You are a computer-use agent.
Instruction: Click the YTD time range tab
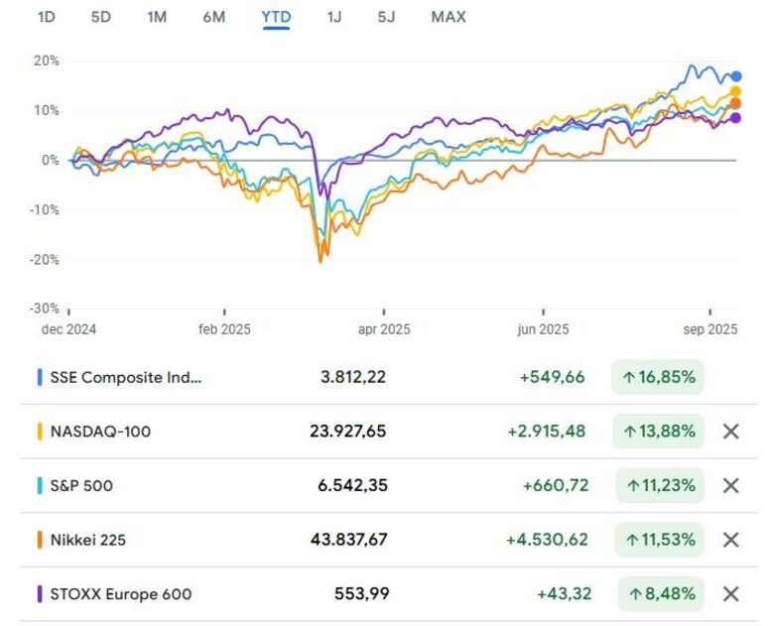tap(276, 17)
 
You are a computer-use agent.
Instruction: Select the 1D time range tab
tap(46, 17)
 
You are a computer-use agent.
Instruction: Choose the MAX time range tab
tap(449, 17)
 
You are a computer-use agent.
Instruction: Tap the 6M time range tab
tap(213, 17)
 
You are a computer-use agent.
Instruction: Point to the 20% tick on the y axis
tap(48, 61)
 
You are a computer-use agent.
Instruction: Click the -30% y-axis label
tap(46, 310)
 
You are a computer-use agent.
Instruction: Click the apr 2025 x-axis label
tap(383, 329)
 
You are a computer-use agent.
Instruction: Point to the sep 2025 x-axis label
tap(709, 329)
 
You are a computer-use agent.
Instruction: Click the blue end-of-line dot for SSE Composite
tap(736, 76)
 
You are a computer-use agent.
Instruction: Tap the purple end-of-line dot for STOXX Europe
tap(735, 118)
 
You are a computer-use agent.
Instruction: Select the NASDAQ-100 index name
tap(100, 432)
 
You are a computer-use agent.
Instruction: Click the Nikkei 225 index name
tap(88, 540)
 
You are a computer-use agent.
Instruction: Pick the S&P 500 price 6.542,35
tap(346, 486)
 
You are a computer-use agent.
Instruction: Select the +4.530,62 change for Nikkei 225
tap(547, 540)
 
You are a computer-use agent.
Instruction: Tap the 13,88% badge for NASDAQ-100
tap(659, 432)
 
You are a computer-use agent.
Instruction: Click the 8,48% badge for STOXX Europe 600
tap(659, 594)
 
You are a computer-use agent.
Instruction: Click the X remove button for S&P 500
tap(731, 486)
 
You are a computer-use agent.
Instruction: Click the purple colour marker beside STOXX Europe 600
tap(39, 594)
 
